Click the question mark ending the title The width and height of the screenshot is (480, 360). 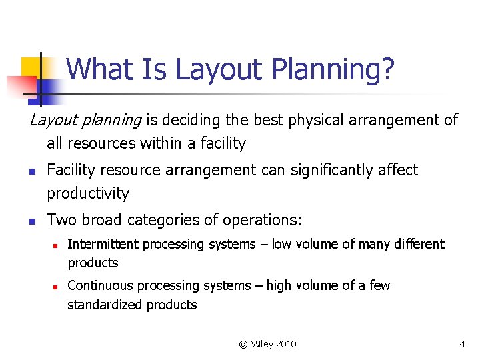387,69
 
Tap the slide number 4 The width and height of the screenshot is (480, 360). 462,344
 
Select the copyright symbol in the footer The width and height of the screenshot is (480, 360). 243,344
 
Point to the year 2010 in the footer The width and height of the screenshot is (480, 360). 285,344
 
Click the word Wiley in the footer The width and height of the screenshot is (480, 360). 261,344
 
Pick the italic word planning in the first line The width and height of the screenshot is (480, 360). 111,121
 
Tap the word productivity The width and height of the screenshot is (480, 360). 87,194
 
